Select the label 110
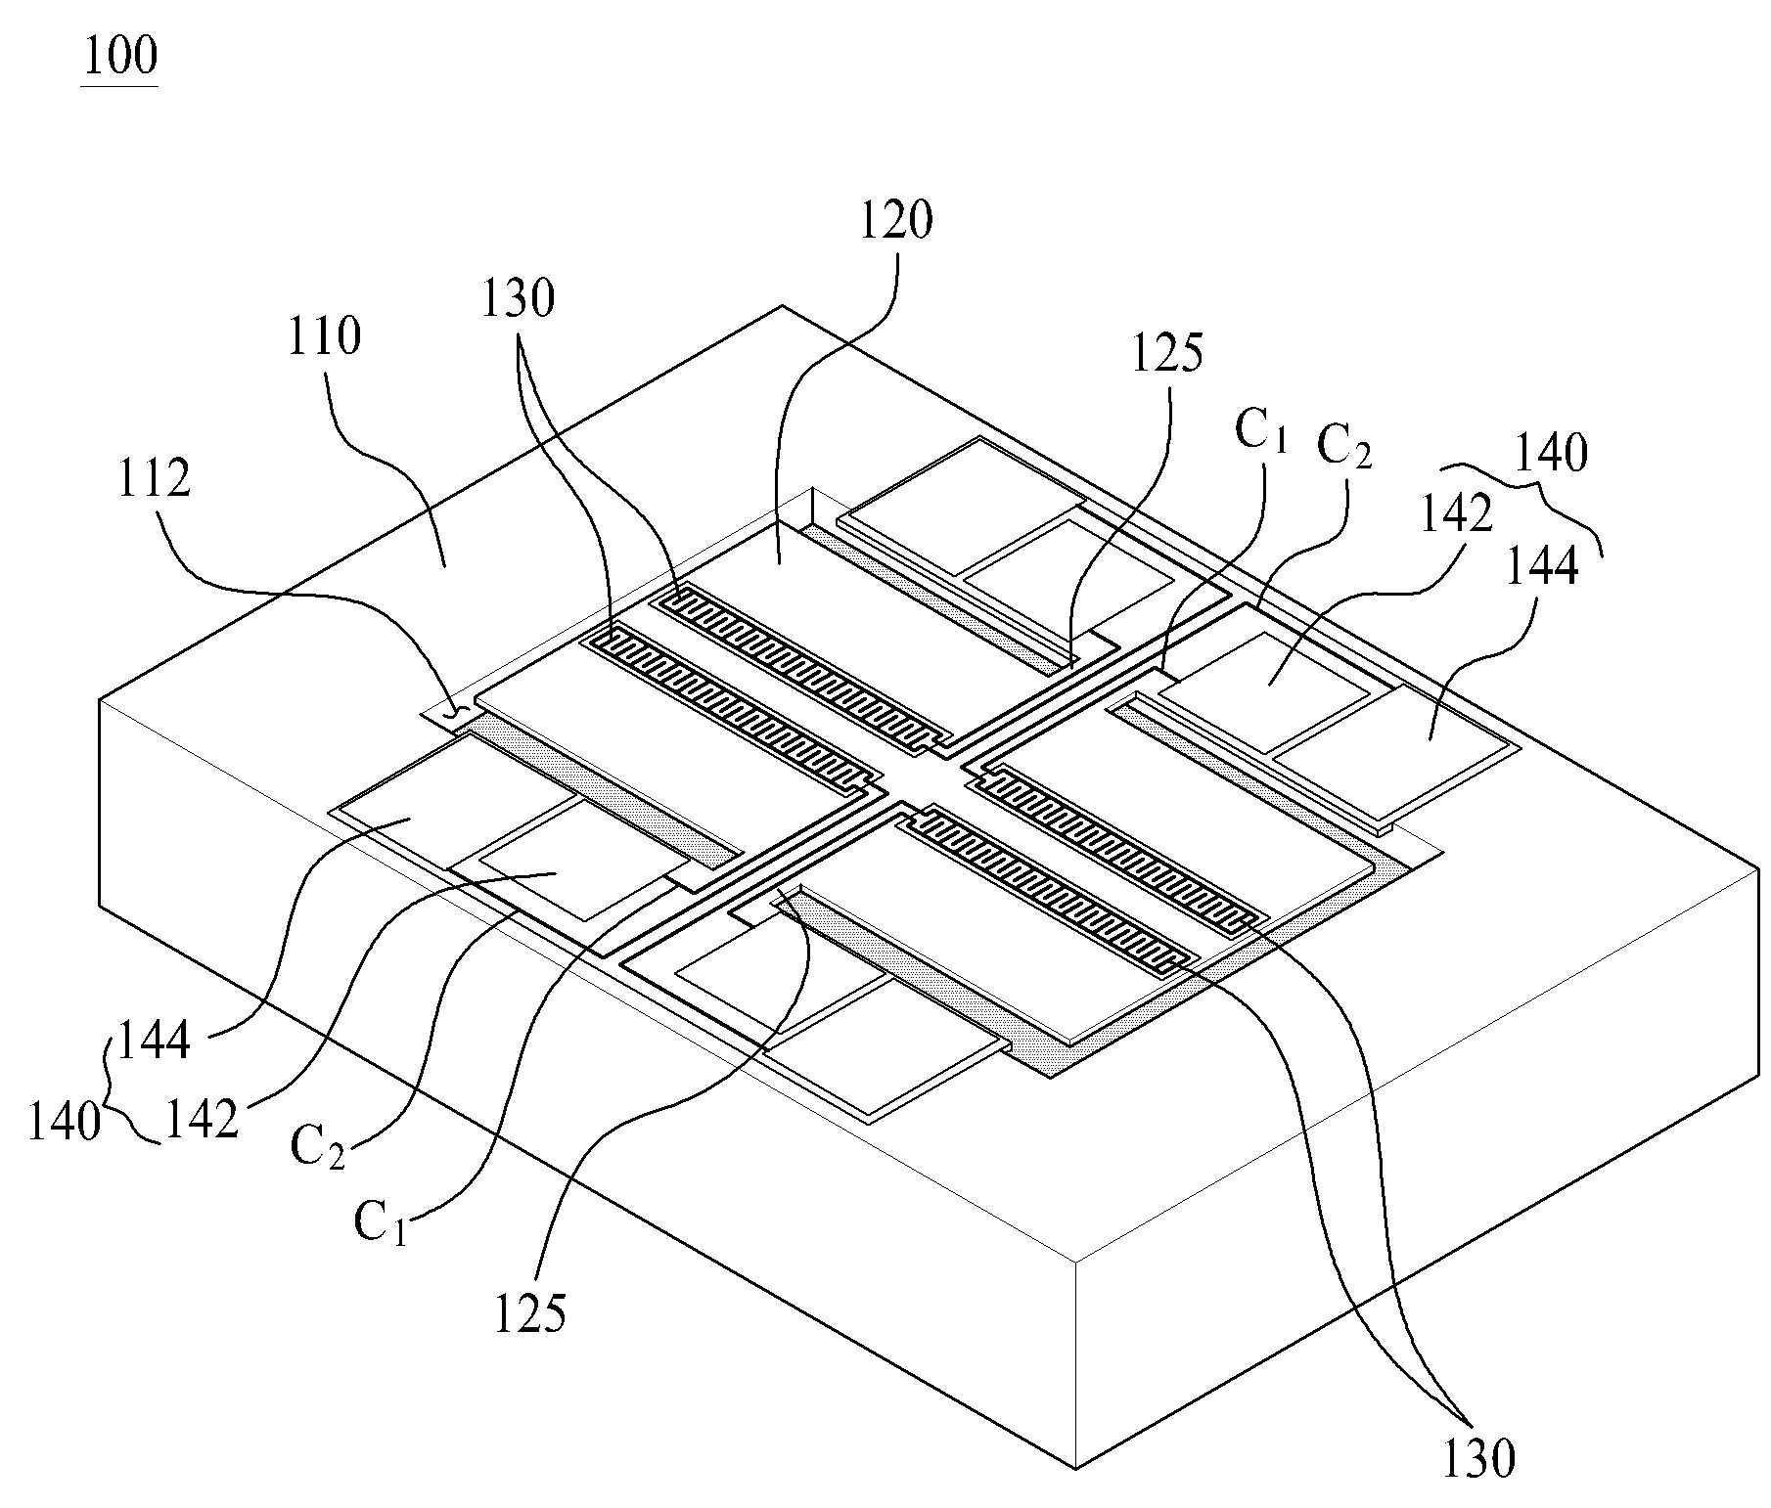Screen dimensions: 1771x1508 (324, 336)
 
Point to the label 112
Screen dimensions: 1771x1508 (154, 480)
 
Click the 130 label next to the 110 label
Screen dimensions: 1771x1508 (518, 298)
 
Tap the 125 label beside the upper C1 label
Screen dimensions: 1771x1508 (1166, 353)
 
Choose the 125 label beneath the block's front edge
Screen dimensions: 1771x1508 (529, 1313)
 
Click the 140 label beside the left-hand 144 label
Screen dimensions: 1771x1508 (65, 1123)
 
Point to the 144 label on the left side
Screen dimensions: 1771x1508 (154, 1041)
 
